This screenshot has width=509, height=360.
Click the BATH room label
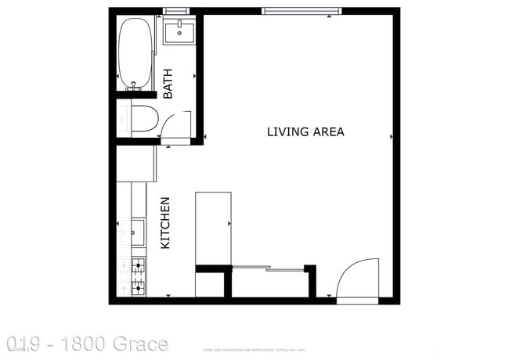point(168,84)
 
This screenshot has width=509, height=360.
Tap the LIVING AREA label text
point(305,131)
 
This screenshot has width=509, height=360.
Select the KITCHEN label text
point(165,223)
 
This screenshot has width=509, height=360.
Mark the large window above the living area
point(301,11)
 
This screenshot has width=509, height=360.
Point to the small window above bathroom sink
point(177,11)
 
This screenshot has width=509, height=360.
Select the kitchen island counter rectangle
point(212,228)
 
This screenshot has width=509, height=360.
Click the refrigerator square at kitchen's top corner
point(135,164)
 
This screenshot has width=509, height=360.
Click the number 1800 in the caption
point(81,344)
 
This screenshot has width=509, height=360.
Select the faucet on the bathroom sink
point(179,25)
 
